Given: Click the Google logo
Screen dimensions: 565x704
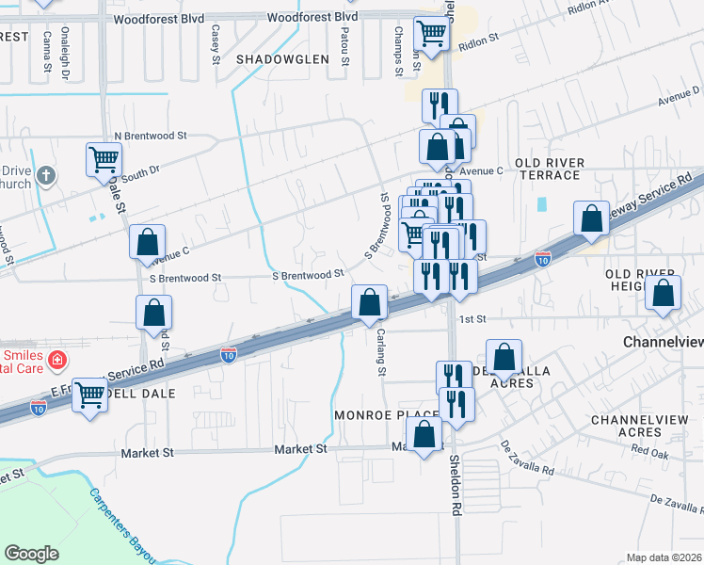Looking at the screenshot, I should coord(32,554).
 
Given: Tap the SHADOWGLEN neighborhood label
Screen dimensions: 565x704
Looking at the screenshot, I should coord(282,58).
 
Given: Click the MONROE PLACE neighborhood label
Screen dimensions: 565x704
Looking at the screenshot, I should coord(386,414).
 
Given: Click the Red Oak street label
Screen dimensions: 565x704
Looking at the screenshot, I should coord(649,452).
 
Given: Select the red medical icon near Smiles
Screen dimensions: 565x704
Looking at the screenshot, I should coord(56,359).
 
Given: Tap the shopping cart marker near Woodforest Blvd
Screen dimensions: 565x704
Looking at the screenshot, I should coord(431,34).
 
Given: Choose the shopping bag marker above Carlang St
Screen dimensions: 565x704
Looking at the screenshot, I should coord(370,303).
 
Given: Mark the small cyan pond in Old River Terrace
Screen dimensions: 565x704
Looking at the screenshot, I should coord(541,203).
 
